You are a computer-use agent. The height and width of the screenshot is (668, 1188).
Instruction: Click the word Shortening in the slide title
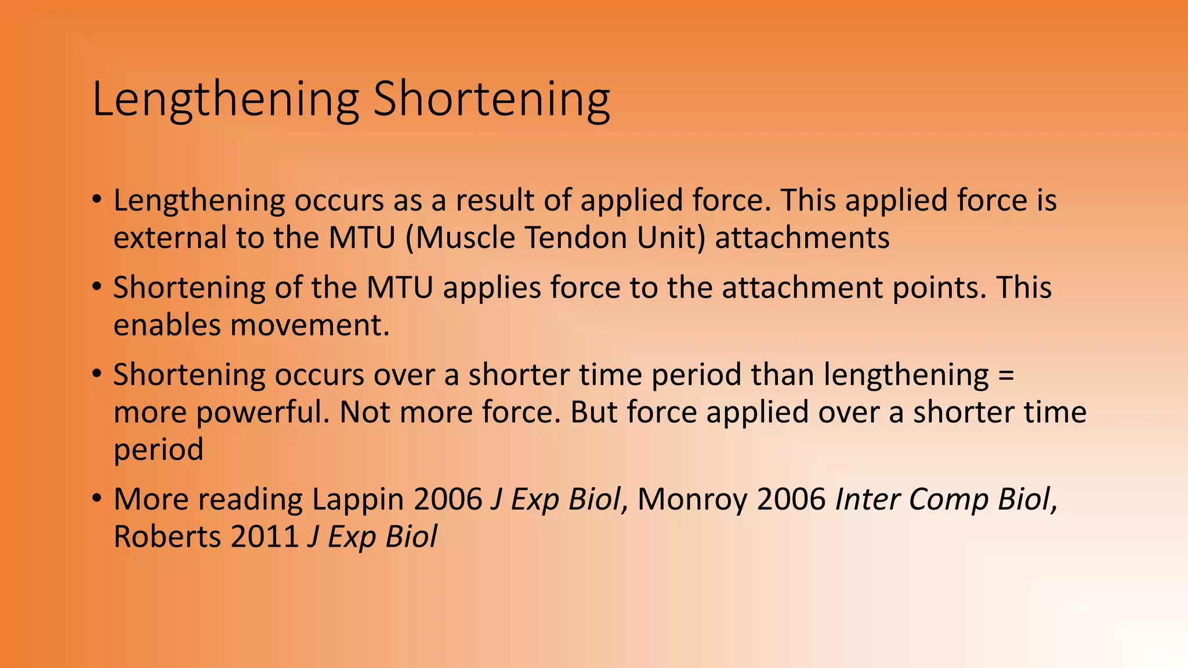point(491,100)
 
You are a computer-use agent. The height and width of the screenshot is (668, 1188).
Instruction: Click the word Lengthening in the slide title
point(226,100)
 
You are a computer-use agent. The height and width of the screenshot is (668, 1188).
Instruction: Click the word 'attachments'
point(802,238)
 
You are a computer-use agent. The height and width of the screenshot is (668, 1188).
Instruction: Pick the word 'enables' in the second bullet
point(167,325)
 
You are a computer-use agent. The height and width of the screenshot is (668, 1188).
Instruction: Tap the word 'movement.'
point(310,325)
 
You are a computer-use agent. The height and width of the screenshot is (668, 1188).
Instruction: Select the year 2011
point(265,537)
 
